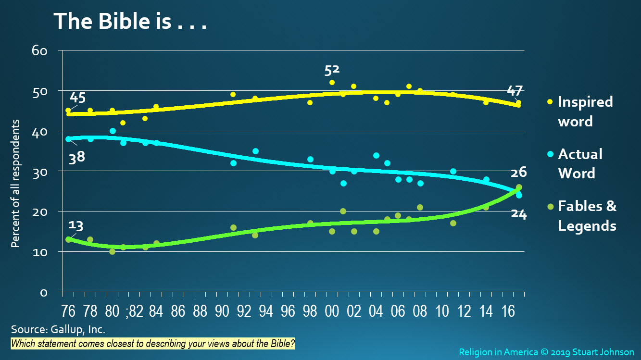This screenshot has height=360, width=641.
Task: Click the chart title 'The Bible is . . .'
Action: tap(130, 22)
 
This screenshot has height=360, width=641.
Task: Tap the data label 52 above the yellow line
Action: tap(332, 70)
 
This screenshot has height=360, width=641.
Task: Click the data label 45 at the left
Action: tap(78, 98)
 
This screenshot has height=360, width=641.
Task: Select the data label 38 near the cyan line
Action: tap(76, 157)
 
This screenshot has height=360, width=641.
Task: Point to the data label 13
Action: tap(76, 225)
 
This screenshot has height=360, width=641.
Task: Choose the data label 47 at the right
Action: tap(515, 90)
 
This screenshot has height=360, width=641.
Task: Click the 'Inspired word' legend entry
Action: tap(585, 111)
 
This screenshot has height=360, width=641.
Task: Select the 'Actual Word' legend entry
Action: tap(579, 163)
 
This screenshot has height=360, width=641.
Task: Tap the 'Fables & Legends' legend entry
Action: tap(587, 216)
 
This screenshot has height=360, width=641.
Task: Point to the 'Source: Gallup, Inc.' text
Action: tap(58, 330)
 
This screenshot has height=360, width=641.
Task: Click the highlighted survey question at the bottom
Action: tap(153, 344)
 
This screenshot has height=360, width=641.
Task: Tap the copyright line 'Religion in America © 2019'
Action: tap(546, 352)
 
